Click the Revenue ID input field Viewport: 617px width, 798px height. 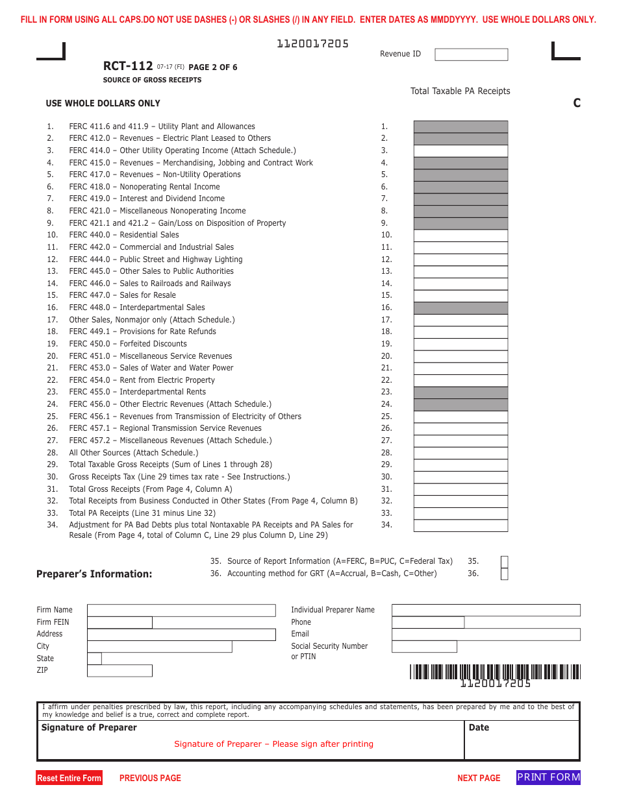471,54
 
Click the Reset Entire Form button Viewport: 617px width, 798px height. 69,778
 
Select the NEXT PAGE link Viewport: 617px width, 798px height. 479,778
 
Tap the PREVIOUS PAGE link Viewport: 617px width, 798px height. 150,778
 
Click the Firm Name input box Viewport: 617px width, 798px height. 181,611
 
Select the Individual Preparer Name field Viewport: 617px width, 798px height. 486,611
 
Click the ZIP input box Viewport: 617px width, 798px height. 120,671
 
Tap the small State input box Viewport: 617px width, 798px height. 94,659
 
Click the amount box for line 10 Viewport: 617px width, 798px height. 460,236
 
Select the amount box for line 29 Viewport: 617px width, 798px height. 460,465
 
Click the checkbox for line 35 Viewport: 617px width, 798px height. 505,562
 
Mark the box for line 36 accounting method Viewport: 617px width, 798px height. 505,574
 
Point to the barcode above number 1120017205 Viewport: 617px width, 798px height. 495,671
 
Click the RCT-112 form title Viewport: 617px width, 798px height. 128,66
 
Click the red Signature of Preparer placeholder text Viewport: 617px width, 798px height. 273,744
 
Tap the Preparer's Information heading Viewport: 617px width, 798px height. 94,574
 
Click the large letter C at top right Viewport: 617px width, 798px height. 577,103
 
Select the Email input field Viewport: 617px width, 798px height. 486,635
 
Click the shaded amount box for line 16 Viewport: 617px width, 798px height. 460,308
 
